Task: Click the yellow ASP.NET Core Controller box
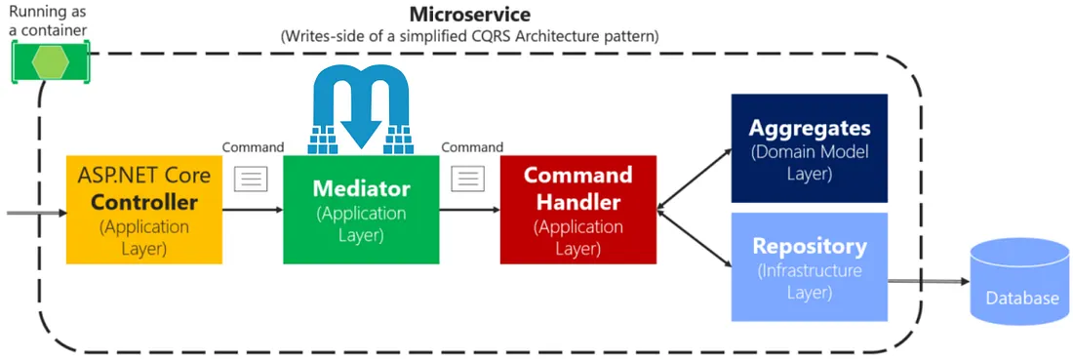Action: [x=144, y=209]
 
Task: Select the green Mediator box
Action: [x=361, y=209]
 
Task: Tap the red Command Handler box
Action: [x=578, y=209]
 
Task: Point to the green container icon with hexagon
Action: [x=51, y=62]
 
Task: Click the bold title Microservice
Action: [x=469, y=14]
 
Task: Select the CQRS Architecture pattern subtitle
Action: [x=469, y=36]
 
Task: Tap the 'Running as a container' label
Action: [x=48, y=20]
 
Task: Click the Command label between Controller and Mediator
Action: [x=253, y=147]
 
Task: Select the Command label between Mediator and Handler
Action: [x=472, y=147]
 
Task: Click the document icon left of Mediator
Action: [x=253, y=179]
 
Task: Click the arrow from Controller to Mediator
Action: [x=253, y=209]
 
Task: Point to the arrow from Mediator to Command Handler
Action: [x=469, y=209]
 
